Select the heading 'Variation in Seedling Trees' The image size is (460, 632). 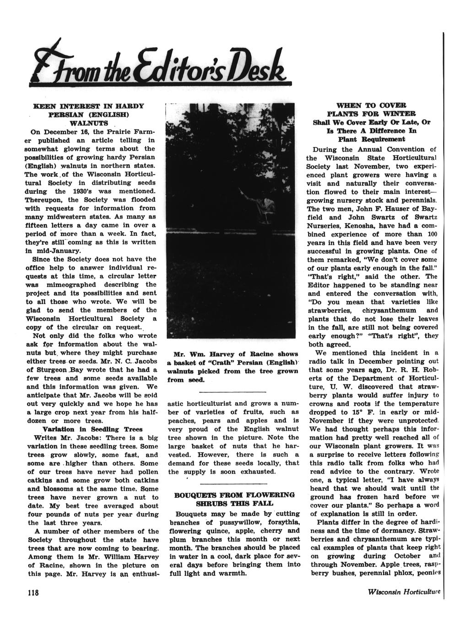coord(92,429)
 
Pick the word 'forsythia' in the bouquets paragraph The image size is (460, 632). coord(282,523)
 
